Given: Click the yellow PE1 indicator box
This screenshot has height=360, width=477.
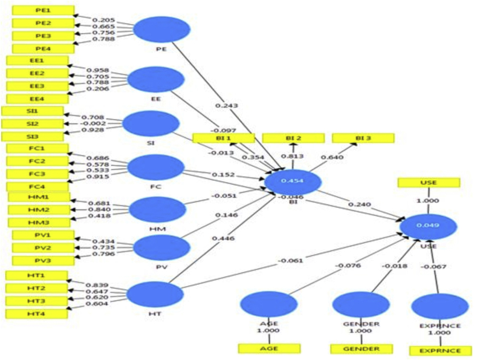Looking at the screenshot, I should click(x=43, y=11).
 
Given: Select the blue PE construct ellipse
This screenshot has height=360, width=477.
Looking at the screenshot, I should click(x=161, y=29).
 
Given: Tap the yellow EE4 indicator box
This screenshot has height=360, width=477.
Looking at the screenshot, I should click(x=36, y=98).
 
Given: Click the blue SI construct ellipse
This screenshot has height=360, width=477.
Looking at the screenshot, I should click(x=151, y=123).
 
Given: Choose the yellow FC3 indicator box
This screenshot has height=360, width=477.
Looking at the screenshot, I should click(x=37, y=173).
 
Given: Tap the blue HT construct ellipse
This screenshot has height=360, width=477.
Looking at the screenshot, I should click(x=155, y=294).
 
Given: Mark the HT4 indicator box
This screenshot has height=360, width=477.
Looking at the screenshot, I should click(x=36, y=313).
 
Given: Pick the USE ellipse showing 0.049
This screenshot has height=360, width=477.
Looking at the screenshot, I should click(x=429, y=226).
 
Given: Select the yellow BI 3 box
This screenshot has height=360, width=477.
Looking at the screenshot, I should click(x=363, y=138).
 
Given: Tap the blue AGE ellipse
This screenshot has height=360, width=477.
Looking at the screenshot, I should click(x=268, y=304).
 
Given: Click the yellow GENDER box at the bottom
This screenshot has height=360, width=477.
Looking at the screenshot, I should click(x=362, y=349).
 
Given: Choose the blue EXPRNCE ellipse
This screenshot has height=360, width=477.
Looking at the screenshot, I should click(x=440, y=306).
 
